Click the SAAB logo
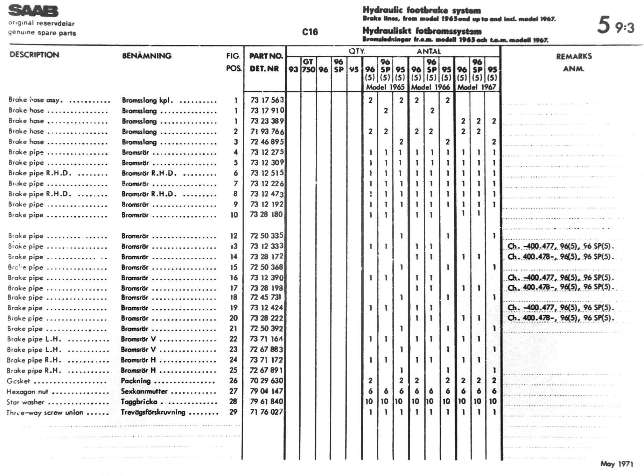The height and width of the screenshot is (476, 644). (33, 11)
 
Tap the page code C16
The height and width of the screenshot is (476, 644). (310, 32)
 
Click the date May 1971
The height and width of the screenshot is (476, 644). (617, 464)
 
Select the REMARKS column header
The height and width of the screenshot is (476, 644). (574, 56)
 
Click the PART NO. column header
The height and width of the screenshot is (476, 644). (266, 56)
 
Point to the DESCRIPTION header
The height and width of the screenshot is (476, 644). (34, 55)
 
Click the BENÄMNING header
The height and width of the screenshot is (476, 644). (147, 56)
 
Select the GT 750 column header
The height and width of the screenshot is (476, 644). (308, 66)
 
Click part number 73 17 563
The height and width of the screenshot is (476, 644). (267, 100)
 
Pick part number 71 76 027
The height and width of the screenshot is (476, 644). (266, 412)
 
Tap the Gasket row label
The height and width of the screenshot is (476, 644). (18, 381)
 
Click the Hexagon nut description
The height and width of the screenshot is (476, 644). (27, 392)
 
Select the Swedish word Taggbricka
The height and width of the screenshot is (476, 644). (139, 402)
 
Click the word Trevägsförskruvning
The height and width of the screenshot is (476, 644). (153, 412)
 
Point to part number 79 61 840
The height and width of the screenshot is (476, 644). (266, 401)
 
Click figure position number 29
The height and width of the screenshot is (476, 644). (233, 412)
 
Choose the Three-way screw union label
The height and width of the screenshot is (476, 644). (45, 413)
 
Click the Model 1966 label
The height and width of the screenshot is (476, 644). (430, 87)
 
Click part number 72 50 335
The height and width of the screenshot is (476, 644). (266, 236)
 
